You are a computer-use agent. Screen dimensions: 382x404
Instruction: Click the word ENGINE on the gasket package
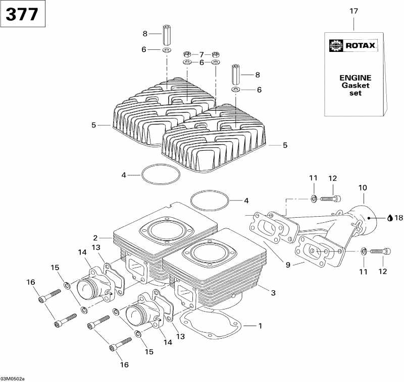coord(355,78)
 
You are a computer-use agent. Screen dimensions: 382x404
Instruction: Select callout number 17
coord(353,11)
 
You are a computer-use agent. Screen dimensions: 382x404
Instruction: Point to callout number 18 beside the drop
coord(399,218)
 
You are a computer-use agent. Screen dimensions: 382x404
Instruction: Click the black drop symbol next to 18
coord(390,218)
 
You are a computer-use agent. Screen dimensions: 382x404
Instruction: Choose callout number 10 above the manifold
coord(363,188)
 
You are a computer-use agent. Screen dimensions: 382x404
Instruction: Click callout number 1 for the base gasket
coord(260,326)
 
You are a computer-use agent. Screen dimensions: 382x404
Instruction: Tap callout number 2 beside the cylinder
coord(94,237)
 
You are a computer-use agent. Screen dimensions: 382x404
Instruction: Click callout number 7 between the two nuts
coord(201,54)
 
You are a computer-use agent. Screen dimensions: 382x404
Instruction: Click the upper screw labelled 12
coord(329,199)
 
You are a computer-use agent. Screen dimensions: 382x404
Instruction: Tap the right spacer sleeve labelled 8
coord(235,75)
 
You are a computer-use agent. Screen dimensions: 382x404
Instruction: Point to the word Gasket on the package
coord(355,85)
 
